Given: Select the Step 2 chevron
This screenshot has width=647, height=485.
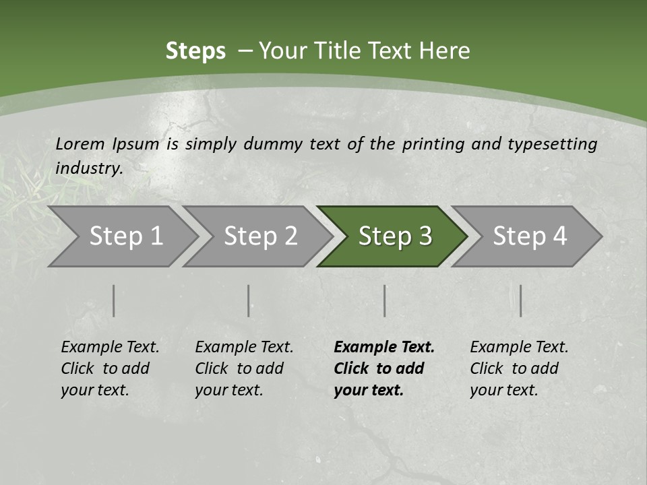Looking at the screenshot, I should tap(260, 236).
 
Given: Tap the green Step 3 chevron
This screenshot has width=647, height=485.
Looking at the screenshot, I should tap(395, 236).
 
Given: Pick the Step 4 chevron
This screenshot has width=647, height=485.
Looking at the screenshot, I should tap(530, 236).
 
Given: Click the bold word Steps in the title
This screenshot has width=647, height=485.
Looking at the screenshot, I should tap(195, 51).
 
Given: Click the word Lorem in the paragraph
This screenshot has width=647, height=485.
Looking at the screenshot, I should tap(80, 143).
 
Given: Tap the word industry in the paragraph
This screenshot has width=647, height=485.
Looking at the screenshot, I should tap(88, 168).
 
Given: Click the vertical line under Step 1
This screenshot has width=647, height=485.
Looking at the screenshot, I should tap(114, 300).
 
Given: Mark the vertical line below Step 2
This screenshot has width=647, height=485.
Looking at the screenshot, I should tap(249, 300).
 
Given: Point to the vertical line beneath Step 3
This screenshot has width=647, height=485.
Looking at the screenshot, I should tap(385, 300).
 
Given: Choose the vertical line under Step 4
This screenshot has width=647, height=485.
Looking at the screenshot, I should tap(521, 300).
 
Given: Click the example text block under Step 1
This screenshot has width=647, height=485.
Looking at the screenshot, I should tap(110, 368).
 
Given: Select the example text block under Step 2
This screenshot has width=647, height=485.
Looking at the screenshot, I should tap(244, 368).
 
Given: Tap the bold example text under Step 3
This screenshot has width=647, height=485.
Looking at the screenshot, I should tap(384, 368).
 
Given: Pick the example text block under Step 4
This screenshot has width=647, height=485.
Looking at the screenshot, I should tap(519, 368).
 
